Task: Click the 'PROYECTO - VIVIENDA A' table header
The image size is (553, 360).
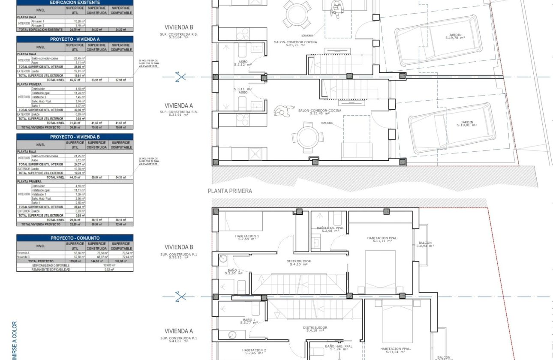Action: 75,39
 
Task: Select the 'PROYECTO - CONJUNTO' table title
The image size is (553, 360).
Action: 75,238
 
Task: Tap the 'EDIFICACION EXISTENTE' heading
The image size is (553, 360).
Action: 75,3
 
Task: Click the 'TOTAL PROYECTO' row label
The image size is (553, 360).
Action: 41,261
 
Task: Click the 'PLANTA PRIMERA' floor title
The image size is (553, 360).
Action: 230,191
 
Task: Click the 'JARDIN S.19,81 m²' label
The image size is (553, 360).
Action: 467,123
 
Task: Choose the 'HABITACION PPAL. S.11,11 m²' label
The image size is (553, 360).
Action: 383,239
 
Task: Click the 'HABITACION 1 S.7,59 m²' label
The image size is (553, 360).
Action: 247,238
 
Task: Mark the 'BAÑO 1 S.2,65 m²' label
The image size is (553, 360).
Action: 234,272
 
